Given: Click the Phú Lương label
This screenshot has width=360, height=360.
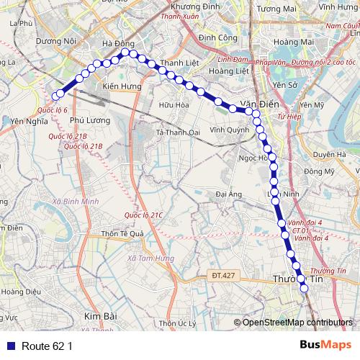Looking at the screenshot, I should point(91,120).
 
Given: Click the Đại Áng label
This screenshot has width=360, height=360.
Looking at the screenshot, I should point(228,194).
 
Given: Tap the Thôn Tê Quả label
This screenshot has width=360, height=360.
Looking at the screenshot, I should point(123,233).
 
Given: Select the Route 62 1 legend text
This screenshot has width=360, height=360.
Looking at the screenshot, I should point(48,346).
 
